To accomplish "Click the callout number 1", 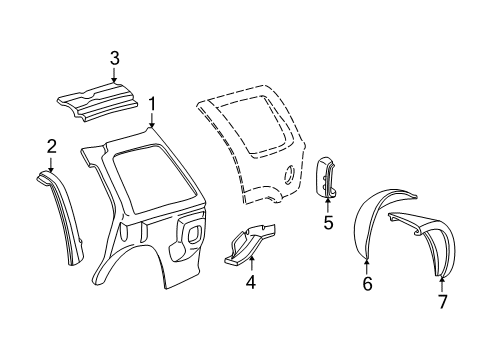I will (x=152, y=102).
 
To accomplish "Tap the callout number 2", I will (x=51, y=147).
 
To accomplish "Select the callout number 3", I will (x=115, y=56).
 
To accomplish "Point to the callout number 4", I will (x=251, y=282).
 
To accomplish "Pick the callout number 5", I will (x=327, y=223).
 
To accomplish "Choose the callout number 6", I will (x=367, y=283).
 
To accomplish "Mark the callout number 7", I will (x=443, y=300).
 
